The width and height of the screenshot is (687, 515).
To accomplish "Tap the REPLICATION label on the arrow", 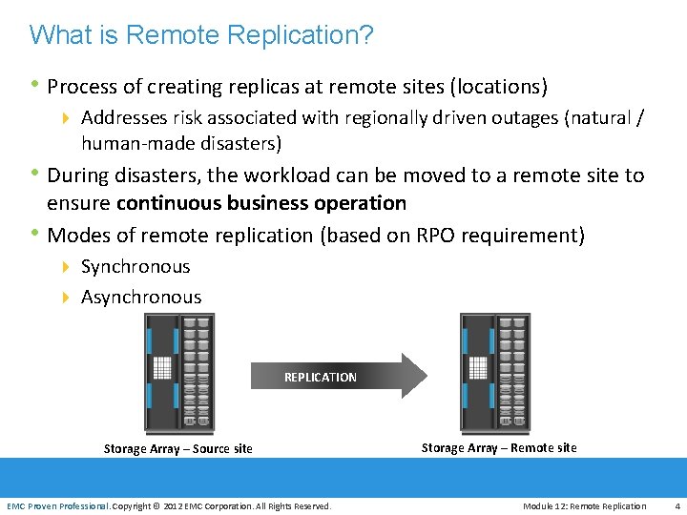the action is (x=321, y=377).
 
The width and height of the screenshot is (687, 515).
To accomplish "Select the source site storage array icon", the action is (x=177, y=373).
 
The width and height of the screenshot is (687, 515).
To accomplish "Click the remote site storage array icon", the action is (x=494, y=372).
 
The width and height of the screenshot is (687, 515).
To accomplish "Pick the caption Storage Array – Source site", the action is (x=178, y=448).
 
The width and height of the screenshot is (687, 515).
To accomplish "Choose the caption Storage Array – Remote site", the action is (x=499, y=447).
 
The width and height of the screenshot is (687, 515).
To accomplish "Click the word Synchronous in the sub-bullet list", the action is (x=135, y=267).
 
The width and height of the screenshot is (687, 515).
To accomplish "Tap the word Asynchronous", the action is (x=141, y=297).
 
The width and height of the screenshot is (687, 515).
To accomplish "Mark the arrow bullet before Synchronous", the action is (x=67, y=267).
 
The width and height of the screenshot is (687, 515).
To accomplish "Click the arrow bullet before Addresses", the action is (x=67, y=118).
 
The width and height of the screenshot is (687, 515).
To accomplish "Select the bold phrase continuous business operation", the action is (x=261, y=203).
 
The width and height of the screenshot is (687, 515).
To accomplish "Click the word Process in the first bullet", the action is (x=79, y=87).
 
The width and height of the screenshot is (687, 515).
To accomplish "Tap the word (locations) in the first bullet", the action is (x=497, y=87).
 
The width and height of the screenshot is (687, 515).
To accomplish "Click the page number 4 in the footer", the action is (x=677, y=505).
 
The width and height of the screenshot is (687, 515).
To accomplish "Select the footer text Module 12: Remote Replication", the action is (x=584, y=505).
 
